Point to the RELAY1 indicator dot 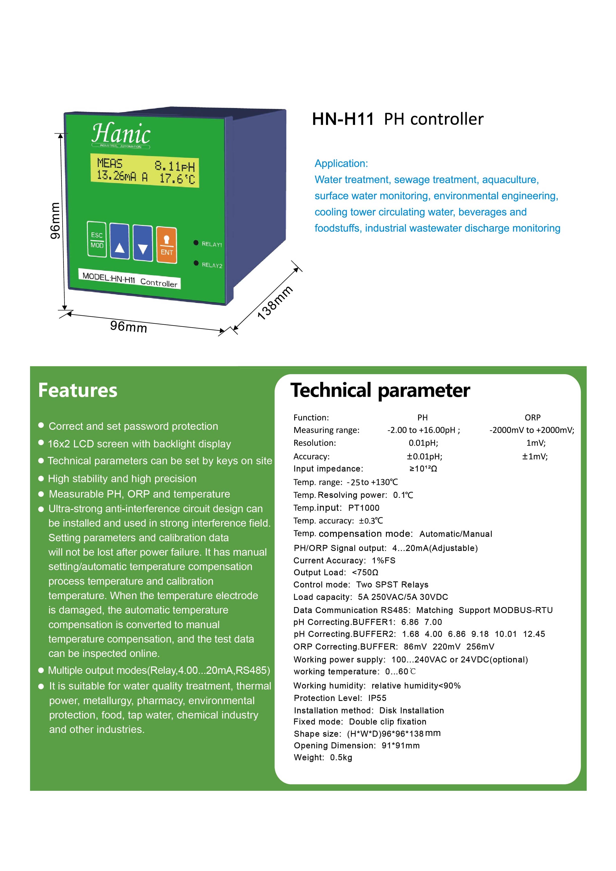click(x=196, y=243)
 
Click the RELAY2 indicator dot click(x=196, y=263)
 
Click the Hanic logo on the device click(x=121, y=134)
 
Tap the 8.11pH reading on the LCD click(x=175, y=166)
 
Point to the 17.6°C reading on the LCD click(x=177, y=178)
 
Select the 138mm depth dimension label click(x=275, y=303)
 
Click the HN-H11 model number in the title click(x=343, y=119)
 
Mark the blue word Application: click(x=341, y=164)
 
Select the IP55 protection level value click(x=377, y=698)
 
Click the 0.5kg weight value click(x=341, y=758)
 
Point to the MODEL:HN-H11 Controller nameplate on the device click(x=130, y=280)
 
